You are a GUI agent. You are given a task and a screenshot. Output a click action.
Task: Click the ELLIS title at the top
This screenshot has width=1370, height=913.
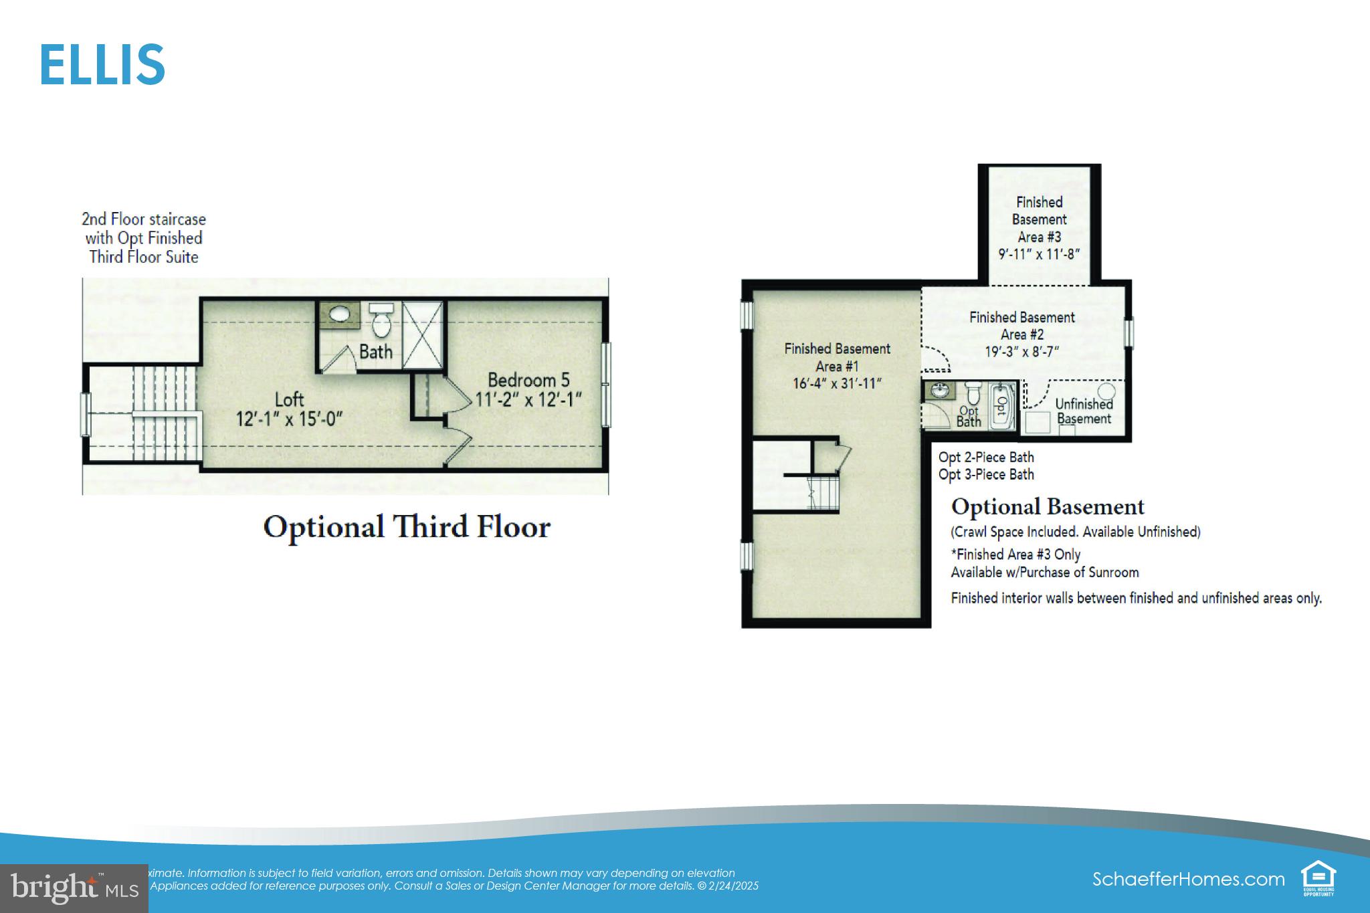102,65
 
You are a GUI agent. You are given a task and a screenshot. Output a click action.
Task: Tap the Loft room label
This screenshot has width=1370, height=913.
289,400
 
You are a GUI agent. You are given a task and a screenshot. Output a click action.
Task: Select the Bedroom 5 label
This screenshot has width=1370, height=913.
528,380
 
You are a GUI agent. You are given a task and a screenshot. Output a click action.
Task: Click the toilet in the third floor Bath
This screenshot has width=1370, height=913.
382,320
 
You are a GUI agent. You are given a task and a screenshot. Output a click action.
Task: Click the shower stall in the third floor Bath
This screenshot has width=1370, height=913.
423,334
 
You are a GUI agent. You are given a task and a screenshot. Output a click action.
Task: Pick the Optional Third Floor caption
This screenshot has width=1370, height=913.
407,527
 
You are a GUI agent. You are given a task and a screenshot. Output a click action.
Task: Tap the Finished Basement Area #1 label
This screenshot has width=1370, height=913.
837,357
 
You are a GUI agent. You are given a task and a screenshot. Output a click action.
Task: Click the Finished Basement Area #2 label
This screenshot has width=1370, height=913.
1021,326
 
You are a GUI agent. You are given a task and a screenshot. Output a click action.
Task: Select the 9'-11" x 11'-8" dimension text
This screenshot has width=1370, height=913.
1039,254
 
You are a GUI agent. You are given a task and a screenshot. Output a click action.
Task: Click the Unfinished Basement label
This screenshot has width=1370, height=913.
1084,411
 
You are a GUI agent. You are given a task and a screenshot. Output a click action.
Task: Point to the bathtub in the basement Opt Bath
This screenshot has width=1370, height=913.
1001,405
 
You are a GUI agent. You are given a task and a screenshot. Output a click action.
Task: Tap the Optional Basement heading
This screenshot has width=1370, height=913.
1048,507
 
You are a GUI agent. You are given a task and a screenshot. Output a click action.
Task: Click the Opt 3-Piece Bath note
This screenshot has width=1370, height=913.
986,475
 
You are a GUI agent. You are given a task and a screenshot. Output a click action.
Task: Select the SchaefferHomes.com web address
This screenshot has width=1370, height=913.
1188,879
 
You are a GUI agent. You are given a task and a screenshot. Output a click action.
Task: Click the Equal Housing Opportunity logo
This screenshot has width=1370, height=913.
1318,879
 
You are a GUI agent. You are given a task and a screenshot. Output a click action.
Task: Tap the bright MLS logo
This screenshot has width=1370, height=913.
74,888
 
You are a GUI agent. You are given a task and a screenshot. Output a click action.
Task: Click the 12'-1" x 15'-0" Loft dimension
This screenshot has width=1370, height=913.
289,419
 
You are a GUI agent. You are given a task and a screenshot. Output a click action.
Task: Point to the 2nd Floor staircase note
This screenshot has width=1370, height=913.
144,238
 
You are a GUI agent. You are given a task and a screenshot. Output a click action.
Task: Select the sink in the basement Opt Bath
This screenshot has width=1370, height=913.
940,391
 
